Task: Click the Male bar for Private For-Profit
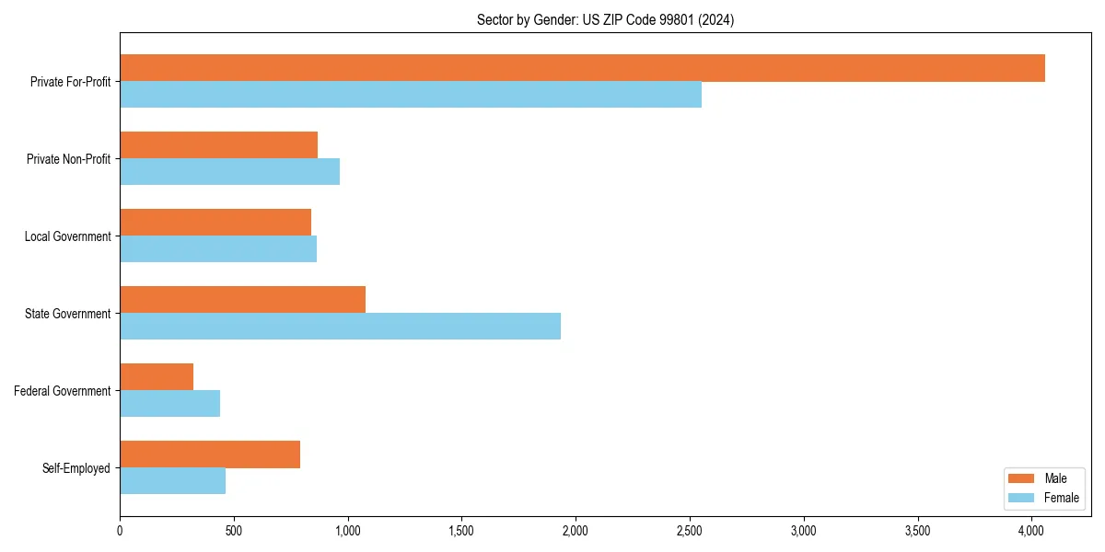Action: [582, 68]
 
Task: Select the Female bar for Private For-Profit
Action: [411, 95]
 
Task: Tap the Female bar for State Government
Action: [340, 327]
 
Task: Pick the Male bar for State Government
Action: [242, 300]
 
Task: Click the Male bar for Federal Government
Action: [157, 377]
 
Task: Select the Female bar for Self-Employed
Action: [172, 481]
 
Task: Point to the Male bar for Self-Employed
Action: [210, 454]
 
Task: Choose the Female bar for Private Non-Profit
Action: [229, 172]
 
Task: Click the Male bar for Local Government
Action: [215, 223]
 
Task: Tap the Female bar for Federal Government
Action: [169, 404]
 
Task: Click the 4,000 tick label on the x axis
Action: [1031, 531]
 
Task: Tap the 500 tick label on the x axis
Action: [234, 531]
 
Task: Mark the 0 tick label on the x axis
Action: [120, 531]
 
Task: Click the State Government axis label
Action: [67, 314]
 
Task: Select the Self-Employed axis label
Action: [76, 468]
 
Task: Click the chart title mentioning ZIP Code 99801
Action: [605, 19]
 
